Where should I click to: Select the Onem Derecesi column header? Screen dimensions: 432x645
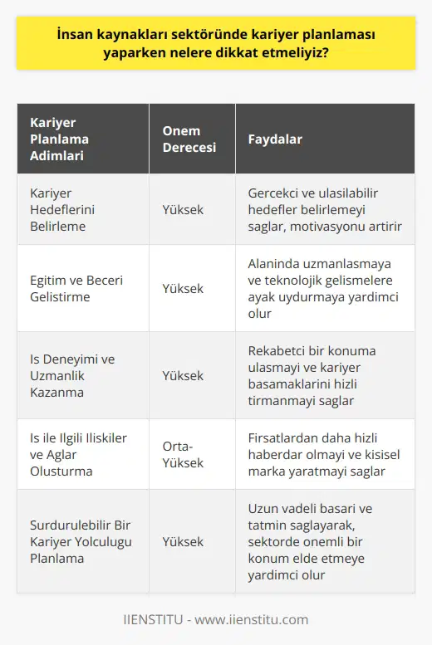(x=189, y=139)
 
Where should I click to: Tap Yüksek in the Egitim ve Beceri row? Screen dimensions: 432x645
(x=183, y=288)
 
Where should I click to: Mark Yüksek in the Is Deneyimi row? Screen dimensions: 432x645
(x=183, y=375)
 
